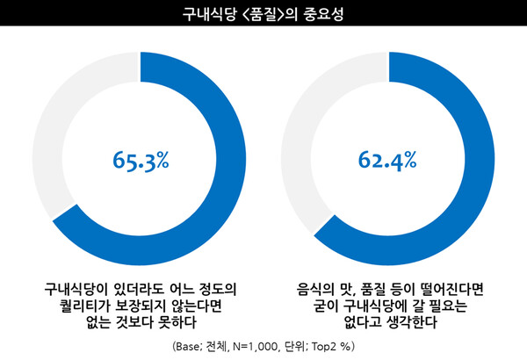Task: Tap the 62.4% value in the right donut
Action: coord(386,160)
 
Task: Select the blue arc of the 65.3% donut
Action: coord(230,158)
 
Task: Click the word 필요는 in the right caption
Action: coord(454,305)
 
